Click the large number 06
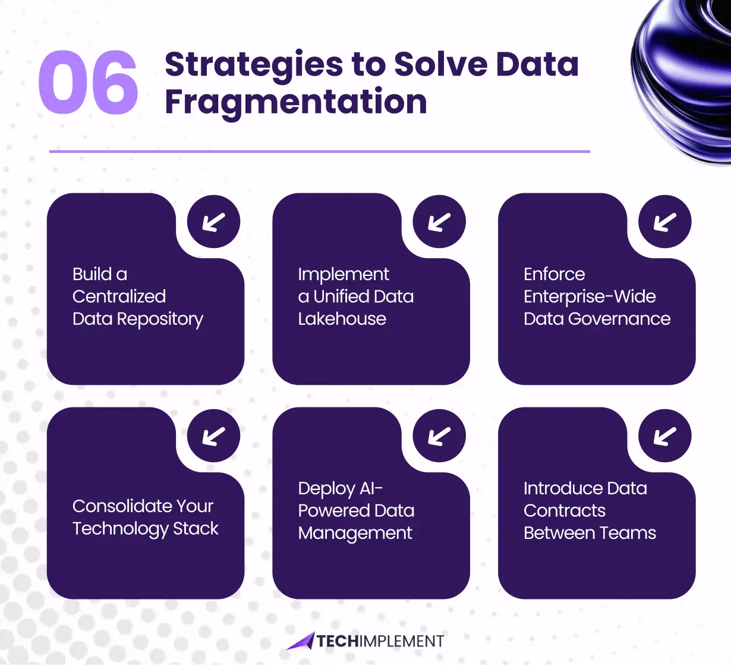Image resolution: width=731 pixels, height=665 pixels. pos(88,83)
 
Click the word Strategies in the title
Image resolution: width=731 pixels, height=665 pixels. pos(254,64)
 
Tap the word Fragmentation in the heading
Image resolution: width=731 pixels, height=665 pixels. pos(295,102)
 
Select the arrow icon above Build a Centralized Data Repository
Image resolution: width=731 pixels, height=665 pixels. pos(213,222)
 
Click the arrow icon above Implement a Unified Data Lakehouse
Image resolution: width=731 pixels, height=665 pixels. pos(439,222)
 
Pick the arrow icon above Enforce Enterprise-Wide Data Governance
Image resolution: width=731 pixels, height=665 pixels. pos(664,222)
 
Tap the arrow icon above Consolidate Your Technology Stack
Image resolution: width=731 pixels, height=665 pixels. pos(213,436)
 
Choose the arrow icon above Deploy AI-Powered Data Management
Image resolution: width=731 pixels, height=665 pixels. pos(439,436)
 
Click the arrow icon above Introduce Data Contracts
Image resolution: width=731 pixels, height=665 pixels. pos(664,436)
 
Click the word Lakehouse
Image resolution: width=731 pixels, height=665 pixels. pos(342,319)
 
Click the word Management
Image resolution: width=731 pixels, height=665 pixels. pos(355,534)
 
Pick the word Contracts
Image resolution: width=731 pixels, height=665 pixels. pos(564,511)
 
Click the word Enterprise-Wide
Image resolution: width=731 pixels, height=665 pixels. pos(590,296)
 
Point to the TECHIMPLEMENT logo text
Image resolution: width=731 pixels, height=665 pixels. pos(380,641)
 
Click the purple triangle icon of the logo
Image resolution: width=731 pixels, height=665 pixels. pos(301,641)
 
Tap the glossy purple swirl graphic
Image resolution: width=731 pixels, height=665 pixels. pos(683,77)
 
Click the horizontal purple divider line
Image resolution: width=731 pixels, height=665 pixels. pos(319,152)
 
